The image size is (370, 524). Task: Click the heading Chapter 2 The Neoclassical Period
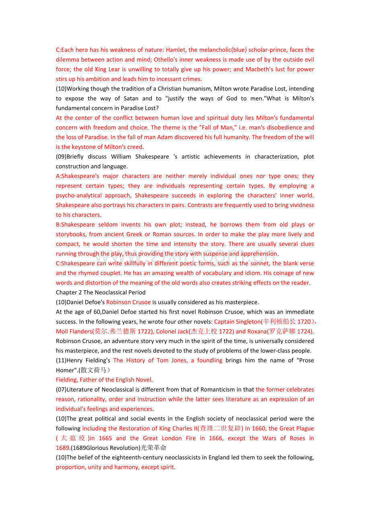(x=101, y=293)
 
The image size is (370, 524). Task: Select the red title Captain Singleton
(x=237, y=322)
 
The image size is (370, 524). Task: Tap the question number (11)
(x=61, y=360)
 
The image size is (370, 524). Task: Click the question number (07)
(x=61, y=390)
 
